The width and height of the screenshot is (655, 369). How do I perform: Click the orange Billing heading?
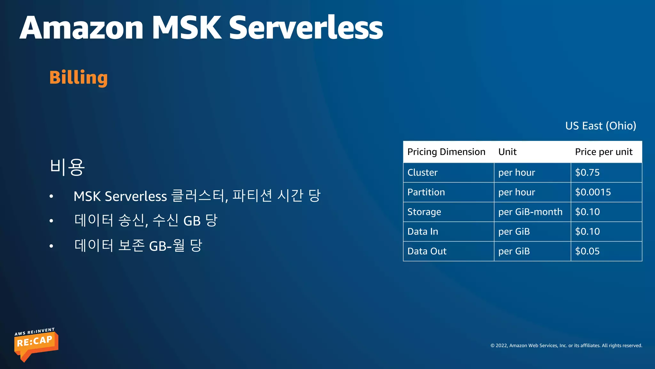coord(78,78)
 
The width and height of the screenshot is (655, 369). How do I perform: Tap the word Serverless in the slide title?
coord(306,28)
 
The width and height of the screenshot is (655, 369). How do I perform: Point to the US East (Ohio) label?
coord(600,126)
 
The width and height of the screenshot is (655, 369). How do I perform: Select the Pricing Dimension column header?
coord(446,152)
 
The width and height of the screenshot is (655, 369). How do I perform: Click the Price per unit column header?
coord(604,152)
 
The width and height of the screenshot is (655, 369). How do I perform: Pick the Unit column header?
coord(507,152)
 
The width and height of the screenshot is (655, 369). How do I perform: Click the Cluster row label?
coord(422,173)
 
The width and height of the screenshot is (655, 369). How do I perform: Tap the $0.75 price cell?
coord(587,173)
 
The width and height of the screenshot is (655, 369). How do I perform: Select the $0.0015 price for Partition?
coord(593,192)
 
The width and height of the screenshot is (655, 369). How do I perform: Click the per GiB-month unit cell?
coord(530,212)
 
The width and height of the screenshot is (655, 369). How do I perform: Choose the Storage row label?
coord(424,212)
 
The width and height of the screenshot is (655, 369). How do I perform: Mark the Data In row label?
coord(422,232)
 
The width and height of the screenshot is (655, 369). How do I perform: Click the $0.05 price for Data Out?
coord(587,251)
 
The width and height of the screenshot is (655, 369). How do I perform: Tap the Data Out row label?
coord(427,251)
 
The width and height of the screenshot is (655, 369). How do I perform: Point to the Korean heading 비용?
coord(67,167)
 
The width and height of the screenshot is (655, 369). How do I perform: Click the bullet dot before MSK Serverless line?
coord(51,196)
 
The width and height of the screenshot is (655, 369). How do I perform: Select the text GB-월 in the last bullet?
coord(167,246)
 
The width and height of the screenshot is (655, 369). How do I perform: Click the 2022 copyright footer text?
coord(566,346)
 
